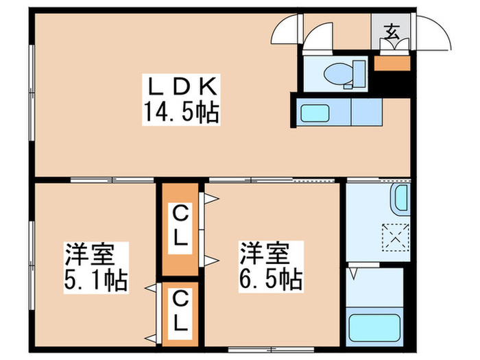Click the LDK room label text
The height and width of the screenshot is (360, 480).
pos(182,87)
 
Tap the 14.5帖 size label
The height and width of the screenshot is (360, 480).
pos(182,111)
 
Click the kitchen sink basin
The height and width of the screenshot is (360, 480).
pos(314,112)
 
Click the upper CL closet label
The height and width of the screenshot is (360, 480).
pos(180,228)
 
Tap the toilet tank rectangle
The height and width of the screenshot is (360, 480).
pos(358,71)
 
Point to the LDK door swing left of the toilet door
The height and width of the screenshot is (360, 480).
pos(287,29)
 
